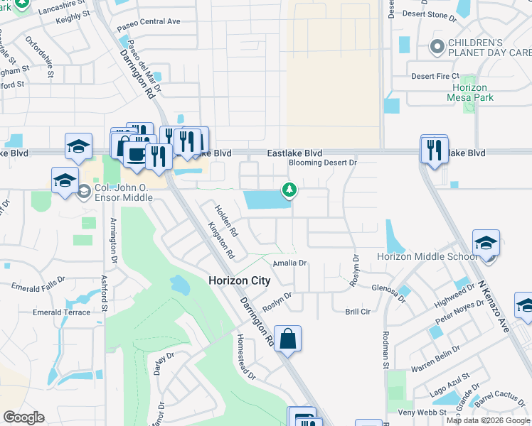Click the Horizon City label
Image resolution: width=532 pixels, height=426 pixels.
click(239, 280)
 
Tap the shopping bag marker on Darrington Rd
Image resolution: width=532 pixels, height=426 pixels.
click(287, 339)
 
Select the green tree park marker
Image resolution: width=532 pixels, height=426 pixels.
click(289, 190)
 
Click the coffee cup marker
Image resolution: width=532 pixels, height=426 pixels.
click(135, 155)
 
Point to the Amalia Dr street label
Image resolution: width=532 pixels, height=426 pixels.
click(290, 263)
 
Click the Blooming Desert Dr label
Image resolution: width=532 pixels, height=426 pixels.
click(322, 163)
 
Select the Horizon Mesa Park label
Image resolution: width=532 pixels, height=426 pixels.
click(480, 92)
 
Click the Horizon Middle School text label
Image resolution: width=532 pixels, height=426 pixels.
click(427, 256)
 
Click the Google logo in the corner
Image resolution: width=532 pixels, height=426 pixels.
click(23, 417)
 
